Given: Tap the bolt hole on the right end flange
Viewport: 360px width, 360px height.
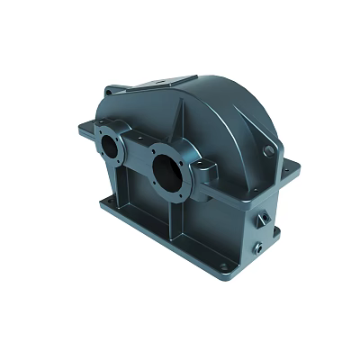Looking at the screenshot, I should [x=283, y=165].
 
